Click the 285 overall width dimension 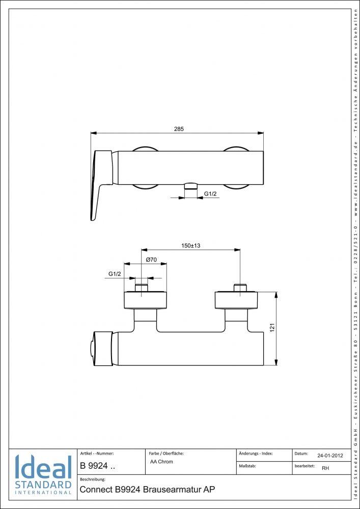[x=179, y=129]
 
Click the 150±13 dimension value [x=191, y=245]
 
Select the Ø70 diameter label [x=151, y=260]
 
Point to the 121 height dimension [x=272, y=329]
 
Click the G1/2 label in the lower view [x=115, y=274]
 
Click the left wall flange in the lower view [x=146, y=300]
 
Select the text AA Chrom [x=162, y=462]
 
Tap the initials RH [x=325, y=469]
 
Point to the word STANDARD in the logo [x=43, y=484]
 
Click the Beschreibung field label [x=93, y=479]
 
